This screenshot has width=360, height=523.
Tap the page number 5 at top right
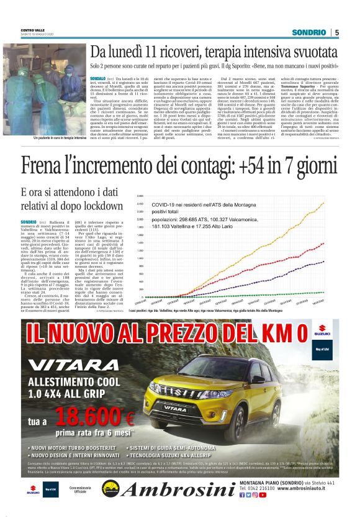pyautogui.click(x=336, y=32)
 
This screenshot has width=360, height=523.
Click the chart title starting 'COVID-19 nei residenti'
pyautogui.click(x=205, y=204)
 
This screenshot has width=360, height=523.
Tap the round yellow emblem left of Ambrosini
pyautogui.click(x=110, y=489)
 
